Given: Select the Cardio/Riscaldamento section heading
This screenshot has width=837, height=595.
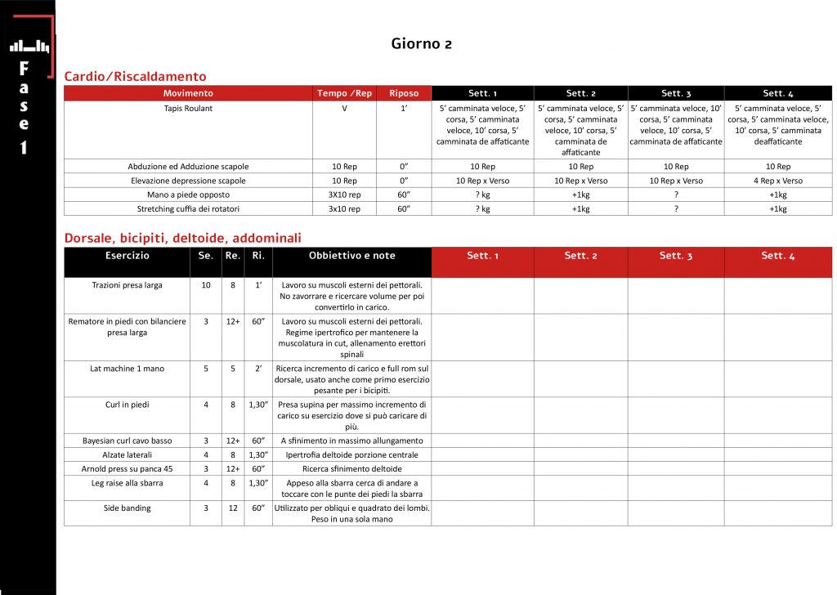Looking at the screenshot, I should [135, 76].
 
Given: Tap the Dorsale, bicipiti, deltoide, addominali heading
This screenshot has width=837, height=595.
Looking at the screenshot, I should [182, 238].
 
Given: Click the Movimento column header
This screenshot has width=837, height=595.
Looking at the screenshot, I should [188, 93].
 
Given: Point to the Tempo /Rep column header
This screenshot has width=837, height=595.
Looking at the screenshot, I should [344, 93].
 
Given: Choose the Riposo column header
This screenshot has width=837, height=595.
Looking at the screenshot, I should [404, 93].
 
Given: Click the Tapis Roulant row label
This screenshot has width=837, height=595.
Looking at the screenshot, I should [188, 108].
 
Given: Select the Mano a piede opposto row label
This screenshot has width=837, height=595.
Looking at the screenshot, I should [188, 195].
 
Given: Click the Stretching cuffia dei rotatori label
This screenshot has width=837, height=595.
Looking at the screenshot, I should [188, 208].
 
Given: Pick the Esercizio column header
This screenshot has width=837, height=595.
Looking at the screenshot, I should [127, 256].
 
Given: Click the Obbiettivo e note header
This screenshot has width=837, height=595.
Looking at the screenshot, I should [351, 256].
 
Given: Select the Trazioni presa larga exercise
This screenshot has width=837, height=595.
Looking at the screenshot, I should [127, 285].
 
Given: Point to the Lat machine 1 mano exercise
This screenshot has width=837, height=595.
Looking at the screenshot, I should [127, 369].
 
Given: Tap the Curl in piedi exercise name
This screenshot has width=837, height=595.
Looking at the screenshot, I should [127, 405].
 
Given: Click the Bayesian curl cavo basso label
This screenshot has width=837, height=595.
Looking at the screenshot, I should [127, 441].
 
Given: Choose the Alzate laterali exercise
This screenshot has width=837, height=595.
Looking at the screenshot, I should [127, 454].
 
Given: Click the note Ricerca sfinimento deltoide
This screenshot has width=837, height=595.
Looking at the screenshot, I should [351, 469].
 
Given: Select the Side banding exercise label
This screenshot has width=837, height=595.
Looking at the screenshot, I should [127, 508].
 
